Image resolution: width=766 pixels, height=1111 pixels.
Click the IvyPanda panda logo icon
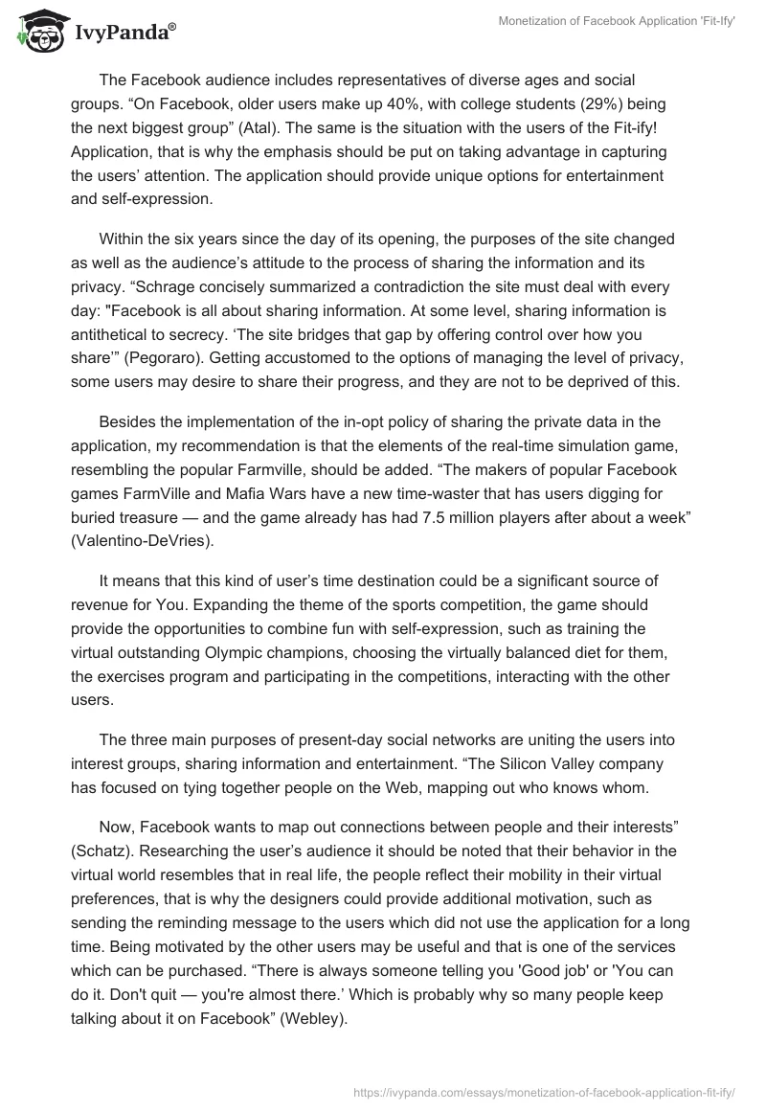pyautogui.click(x=39, y=32)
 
